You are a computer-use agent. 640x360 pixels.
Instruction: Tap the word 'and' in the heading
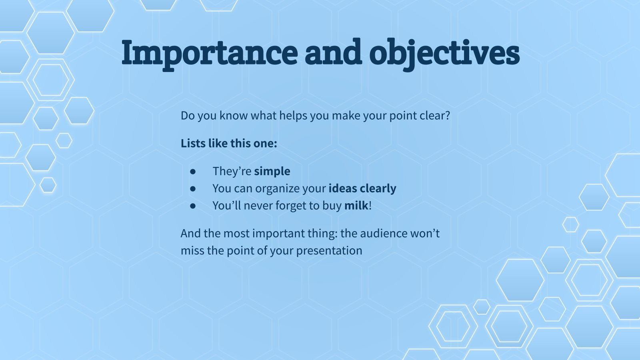(x=334, y=52)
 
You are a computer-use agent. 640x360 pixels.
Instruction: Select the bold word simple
(x=272, y=172)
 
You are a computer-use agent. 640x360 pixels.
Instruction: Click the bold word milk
(x=356, y=206)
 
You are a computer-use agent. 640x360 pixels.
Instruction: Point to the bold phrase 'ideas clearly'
(x=362, y=188)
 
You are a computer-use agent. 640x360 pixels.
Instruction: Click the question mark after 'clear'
(x=448, y=116)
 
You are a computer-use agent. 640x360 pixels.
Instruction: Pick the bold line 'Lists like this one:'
(x=229, y=144)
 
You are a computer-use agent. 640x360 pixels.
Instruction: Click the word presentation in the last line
(x=329, y=251)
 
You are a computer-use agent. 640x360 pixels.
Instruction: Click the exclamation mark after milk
(x=370, y=206)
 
